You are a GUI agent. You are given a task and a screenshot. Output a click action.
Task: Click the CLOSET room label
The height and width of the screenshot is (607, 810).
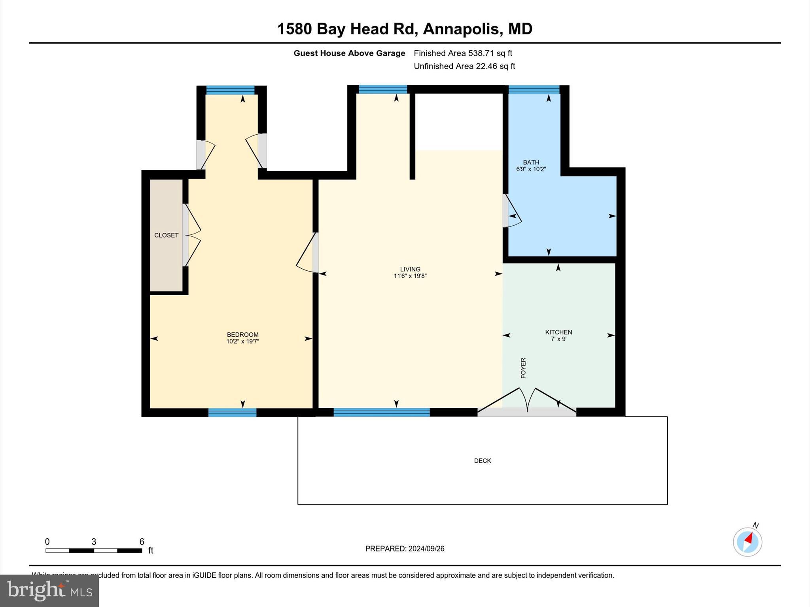coord(166,235)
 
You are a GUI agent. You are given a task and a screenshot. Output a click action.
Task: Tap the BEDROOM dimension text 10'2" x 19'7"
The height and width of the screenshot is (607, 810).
coord(242,341)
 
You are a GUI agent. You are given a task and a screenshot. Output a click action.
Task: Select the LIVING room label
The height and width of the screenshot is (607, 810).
coord(410,269)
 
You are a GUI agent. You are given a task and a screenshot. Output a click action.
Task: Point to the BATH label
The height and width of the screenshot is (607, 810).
coord(531,162)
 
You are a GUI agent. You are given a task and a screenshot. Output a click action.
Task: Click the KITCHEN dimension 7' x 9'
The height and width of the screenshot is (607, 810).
coord(558,339)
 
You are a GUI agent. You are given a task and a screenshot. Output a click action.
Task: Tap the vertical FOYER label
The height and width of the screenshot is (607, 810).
coord(523,368)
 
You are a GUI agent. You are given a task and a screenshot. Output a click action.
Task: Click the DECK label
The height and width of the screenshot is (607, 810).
coord(483,461)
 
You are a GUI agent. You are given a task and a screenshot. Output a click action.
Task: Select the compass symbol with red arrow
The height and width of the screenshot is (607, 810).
coord(747,542)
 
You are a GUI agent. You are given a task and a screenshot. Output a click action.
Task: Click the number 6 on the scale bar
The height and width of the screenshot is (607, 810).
coord(142,542)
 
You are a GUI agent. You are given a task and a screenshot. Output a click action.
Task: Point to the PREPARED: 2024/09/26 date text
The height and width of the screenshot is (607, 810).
coord(405,549)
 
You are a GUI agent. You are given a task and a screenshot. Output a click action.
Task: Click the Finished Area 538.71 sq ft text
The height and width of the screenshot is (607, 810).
coord(463,53)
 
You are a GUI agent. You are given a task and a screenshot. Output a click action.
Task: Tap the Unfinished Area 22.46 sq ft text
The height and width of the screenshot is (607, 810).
coord(464,66)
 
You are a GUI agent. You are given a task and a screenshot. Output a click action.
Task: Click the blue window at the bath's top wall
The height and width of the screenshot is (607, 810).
coord(534,90)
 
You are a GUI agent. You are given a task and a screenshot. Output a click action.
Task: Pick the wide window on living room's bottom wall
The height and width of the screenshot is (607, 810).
coord(381,412)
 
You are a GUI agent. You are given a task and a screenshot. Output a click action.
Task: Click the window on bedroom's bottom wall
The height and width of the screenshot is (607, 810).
coord(232,413)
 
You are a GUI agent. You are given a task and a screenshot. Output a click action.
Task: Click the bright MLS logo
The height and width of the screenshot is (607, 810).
coord(49,590)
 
